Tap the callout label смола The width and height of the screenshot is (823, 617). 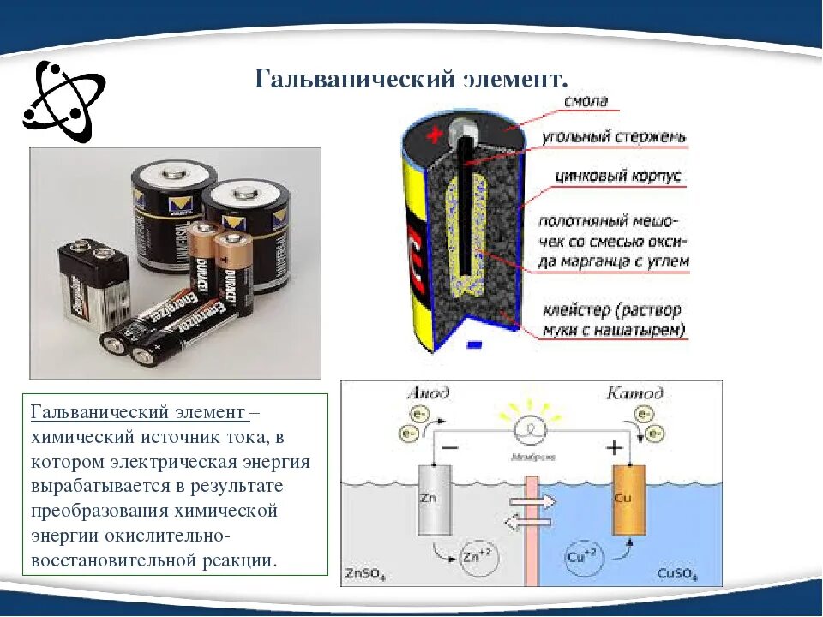pyautogui.click(x=586, y=101)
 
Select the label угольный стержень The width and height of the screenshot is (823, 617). pyautogui.click(x=614, y=137)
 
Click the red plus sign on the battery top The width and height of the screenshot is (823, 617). pyautogui.click(x=436, y=135)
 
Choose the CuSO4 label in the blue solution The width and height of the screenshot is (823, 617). pyautogui.click(x=677, y=572)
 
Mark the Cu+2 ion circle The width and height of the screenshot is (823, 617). pyautogui.click(x=585, y=557)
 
